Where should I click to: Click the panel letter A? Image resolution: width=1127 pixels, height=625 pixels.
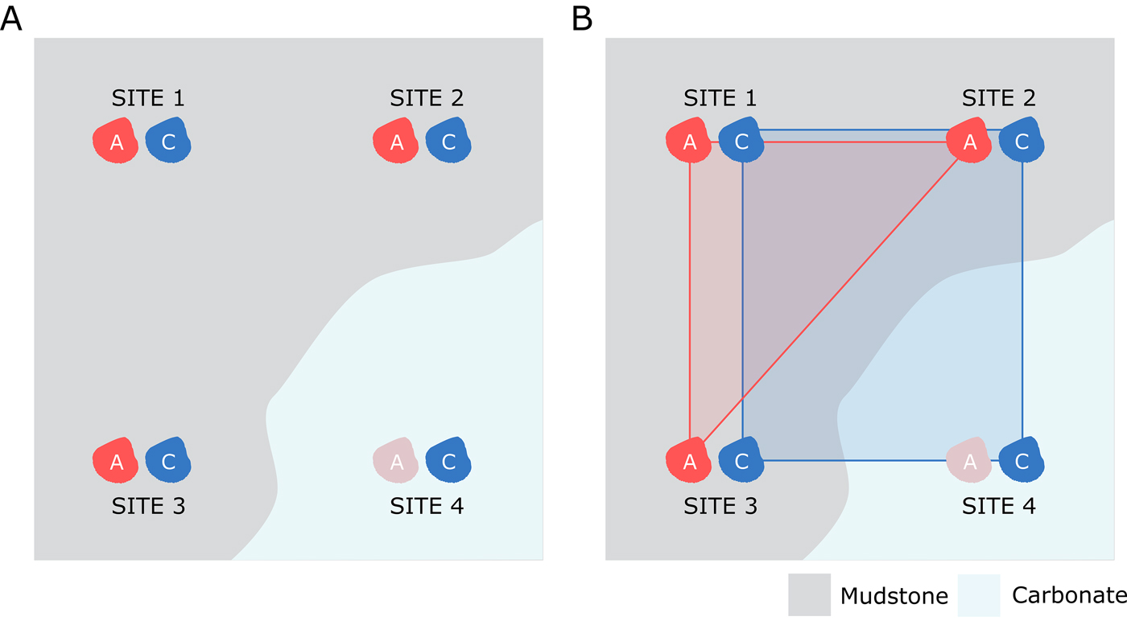click(11, 18)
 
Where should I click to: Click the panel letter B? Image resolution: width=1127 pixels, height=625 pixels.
click(582, 18)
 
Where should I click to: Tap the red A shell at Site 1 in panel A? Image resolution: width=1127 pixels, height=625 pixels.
click(116, 142)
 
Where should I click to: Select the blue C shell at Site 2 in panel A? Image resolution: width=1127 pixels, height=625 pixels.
click(448, 142)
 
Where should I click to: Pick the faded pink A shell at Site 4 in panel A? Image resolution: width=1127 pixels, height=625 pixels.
click(395, 461)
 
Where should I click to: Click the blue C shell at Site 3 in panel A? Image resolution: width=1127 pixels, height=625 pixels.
click(168, 461)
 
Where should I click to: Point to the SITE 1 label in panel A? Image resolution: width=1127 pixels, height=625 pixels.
click(148, 98)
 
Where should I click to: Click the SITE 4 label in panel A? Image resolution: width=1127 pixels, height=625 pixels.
click(427, 507)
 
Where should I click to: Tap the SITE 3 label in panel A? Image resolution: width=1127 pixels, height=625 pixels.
click(148, 507)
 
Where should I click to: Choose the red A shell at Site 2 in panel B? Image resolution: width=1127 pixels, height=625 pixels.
click(969, 142)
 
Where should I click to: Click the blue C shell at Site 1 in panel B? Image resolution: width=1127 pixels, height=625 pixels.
click(741, 142)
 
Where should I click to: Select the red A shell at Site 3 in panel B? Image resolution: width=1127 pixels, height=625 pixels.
click(689, 461)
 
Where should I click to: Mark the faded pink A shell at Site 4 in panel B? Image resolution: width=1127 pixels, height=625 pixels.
click(968, 461)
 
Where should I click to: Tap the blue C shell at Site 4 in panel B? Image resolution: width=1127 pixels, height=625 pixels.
click(1022, 461)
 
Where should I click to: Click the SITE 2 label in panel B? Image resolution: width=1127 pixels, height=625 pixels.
click(999, 98)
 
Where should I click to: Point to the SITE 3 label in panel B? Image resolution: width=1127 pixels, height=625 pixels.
click(720, 507)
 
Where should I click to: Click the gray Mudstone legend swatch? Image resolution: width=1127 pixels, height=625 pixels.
click(808, 594)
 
